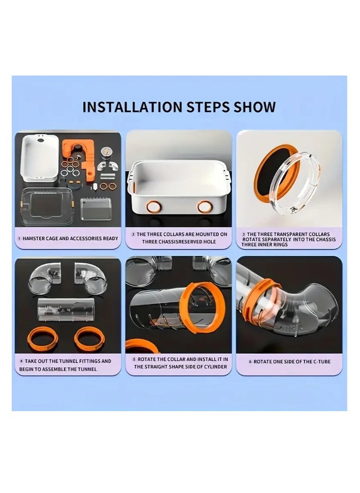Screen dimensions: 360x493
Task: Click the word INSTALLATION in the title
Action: pos(132,107)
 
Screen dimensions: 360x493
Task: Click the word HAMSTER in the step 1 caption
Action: pos(34,239)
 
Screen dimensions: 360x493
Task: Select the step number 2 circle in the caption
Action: pos(133,234)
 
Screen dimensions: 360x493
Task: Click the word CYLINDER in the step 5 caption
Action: pos(215,367)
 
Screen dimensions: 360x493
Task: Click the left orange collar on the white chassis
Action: pos(154,207)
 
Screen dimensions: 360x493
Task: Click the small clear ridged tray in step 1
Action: pos(95,208)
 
